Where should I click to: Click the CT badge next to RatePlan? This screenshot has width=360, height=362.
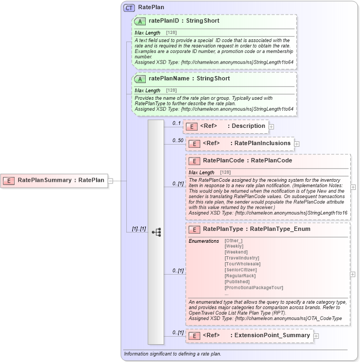[130, 8]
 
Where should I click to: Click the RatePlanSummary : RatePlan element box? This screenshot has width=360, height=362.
[54, 180]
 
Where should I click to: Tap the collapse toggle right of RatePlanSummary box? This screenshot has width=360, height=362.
[110, 181]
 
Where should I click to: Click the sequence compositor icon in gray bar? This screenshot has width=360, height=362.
[156, 233]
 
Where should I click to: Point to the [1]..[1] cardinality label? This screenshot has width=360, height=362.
[139, 229]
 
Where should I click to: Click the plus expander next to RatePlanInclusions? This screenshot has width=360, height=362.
[297, 144]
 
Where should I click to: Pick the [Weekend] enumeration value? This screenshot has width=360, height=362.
[236, 252]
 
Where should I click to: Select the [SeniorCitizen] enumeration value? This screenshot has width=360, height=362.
[242, 270]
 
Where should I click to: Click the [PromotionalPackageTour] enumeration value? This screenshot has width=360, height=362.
[254, 288]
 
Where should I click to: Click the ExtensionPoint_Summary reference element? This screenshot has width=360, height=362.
[249, 336]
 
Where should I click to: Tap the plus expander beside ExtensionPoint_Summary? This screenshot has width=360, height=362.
[316, 336]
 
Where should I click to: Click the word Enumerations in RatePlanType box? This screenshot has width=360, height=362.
[205, 241]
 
